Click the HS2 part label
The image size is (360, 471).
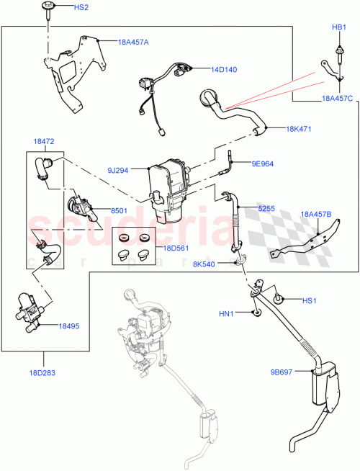[81, 7]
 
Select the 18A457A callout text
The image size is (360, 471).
[133, 42]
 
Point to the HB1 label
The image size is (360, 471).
[338, 27]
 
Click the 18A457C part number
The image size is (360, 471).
[337, 99]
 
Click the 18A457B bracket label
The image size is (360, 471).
[316, 214]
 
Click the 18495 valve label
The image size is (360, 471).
[69, 326]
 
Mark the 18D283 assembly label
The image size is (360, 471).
[42, 373]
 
